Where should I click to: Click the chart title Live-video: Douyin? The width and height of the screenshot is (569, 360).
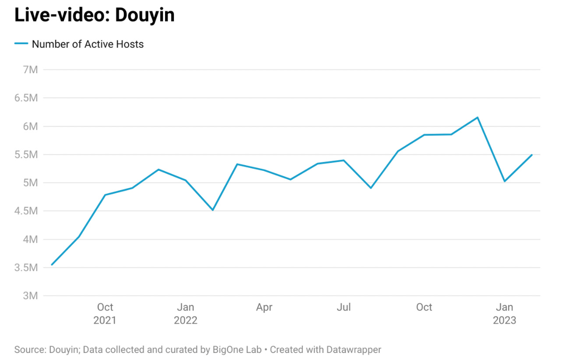(95, 15)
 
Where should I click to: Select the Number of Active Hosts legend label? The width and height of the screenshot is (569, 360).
(88, 44)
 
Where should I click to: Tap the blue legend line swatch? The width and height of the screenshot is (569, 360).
(21, 44)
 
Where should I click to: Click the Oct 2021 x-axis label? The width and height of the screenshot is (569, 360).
(105, 314)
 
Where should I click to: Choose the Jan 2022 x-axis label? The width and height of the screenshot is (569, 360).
(186, 314)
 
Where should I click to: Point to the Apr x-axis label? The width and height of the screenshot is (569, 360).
(264, 307)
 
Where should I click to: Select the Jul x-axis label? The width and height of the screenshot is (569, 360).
(344, 307)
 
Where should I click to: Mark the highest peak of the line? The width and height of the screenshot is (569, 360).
(478, 117)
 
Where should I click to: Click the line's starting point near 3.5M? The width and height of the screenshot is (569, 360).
(52, 265)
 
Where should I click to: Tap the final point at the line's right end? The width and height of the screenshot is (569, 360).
(531, 155)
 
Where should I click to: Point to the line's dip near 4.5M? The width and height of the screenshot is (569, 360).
(213, 210)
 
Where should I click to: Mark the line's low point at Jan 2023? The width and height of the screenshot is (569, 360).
(505, 181)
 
